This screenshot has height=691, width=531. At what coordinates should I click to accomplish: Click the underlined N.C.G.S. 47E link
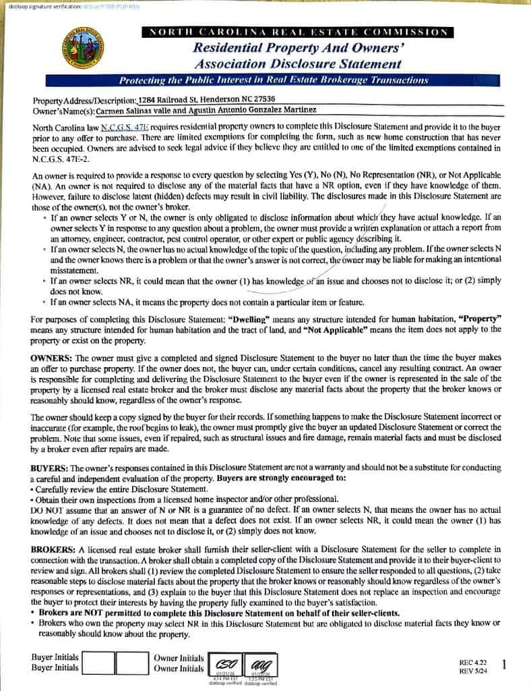point(124,127)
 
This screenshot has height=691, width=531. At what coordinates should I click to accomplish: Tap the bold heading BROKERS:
point(55,549)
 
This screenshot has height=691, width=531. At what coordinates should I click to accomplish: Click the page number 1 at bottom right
point(505,665)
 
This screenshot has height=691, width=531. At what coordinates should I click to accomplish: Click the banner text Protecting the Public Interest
point(273,80)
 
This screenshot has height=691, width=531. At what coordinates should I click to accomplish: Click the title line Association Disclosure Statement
point(298,64)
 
